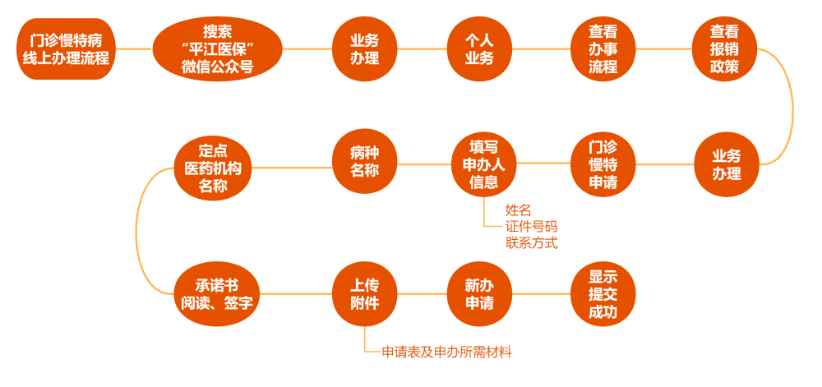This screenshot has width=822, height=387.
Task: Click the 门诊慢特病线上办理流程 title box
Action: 67,49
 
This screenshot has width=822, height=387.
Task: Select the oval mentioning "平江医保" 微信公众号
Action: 217,49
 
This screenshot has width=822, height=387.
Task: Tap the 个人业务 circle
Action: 479,49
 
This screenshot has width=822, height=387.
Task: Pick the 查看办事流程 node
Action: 603,49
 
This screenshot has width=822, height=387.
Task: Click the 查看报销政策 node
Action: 724,49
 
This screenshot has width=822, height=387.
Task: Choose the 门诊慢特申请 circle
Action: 603,164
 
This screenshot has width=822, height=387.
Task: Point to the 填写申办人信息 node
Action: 483,164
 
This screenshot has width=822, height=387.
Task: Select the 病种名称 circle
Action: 364,164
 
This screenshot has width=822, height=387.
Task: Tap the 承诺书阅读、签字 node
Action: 217,294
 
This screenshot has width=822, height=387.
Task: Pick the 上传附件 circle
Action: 364,294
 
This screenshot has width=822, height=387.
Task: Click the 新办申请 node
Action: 479,294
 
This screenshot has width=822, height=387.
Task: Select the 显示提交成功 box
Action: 603,294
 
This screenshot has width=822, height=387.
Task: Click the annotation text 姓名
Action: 519,210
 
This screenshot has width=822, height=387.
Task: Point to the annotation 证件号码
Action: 532,226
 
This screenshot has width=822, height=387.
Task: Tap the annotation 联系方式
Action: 532,242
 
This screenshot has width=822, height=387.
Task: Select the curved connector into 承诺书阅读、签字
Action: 138,230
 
